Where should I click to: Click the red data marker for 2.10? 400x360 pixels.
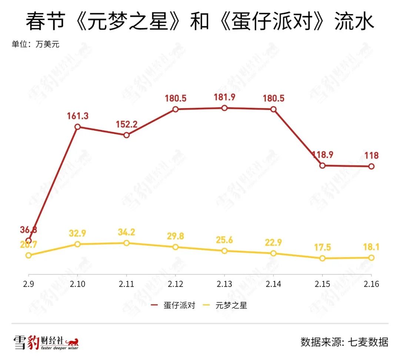click(x=77, y=127)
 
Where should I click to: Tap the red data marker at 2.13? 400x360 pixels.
click(x=224, y=108)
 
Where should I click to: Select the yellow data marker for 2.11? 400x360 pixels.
click(x=127, y=243)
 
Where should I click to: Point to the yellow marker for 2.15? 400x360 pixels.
click(x=322, y=258)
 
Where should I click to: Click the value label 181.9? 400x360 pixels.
click(x=224, y=98)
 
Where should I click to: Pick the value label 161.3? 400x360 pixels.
click(x=78, y=116)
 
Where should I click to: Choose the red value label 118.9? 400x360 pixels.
click(x=322, y=155)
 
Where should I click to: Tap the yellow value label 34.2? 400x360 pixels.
click(x=127, y=232)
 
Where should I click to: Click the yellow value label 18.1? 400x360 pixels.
click(x=371, y=247)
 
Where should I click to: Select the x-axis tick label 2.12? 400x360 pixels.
click(x=176, y=284)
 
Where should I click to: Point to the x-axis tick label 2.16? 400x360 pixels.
click(x=371, y=284)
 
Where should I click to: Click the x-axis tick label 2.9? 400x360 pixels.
click(x=29, y=284)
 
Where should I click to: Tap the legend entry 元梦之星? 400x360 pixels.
click(x=231, y=306)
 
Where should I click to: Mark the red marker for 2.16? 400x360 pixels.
click(x=371, y=166)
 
